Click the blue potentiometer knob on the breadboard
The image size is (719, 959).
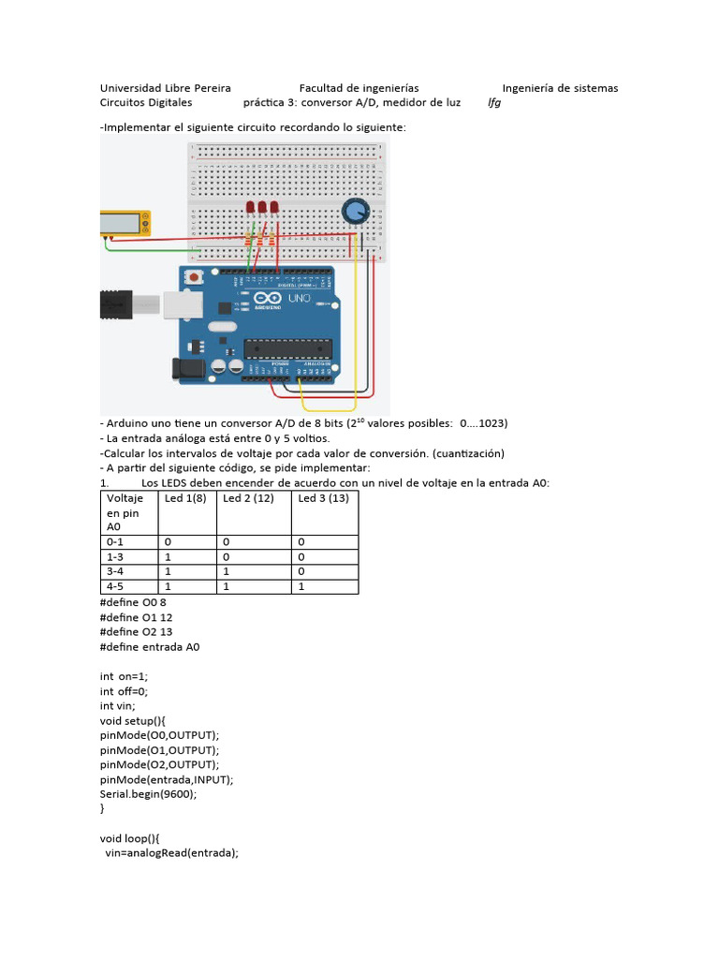[x=355, y=212]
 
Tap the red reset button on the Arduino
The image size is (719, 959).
[x=196, y=277]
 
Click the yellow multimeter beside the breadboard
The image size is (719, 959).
[x=125, y=223]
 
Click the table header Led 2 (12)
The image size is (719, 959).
[x=248, y=498]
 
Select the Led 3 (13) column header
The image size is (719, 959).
[x=323, y=498]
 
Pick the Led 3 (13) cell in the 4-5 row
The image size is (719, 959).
[x=301, y=586]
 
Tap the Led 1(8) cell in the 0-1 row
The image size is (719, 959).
[x=169, y=541]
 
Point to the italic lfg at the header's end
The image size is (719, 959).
[x=494, y=103]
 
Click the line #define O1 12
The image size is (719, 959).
[x=136, y=617]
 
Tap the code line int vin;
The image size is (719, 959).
[x=118, y=705]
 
